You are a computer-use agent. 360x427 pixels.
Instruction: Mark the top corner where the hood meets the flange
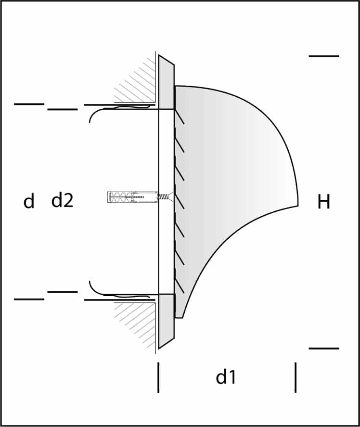tap(175, 86)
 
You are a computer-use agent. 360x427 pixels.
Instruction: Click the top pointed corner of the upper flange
tap(159, 55)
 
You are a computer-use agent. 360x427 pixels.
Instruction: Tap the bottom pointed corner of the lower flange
tap(159, 349)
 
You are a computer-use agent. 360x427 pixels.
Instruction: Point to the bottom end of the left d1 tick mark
tap(158, 392)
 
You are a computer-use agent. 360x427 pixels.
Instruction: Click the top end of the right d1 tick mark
tap(296, 362)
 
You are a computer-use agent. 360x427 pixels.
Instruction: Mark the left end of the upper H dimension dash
tap(309, 56)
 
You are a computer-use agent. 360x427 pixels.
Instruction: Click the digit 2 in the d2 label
tap(68, 201)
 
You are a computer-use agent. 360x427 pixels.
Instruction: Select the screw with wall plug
tap(140, 197)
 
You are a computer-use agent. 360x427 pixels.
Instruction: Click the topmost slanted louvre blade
tap(179, 117)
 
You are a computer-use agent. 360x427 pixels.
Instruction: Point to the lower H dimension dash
tap(324, 349)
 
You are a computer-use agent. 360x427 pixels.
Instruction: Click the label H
tap(324, 202)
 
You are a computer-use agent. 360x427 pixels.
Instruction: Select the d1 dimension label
tap(226, 377)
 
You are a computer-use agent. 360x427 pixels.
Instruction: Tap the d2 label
tap(63, 201)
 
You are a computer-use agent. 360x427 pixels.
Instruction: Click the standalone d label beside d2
tap(29, 201)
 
